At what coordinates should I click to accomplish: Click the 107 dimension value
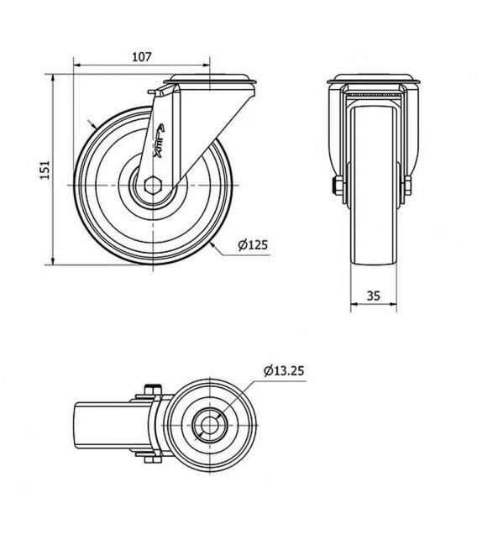(142, 56)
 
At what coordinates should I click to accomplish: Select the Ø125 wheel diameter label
(253, 244)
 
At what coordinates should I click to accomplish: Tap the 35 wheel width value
(374, 296)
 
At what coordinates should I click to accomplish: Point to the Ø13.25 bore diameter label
(284, 371)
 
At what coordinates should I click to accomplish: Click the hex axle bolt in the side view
(152, 185)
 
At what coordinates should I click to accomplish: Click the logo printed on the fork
(160, 141)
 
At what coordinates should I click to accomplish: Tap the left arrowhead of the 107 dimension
(77, 65)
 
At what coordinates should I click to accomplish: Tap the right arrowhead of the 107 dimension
(207, 65)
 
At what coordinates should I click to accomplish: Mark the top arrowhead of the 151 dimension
(53, 78)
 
